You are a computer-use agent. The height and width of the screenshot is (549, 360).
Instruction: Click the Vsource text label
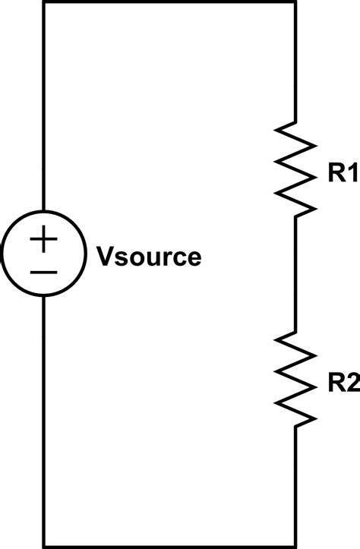149,257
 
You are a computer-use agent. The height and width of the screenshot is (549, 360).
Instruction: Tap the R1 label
343,174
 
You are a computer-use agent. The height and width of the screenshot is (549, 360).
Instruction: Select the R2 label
343,384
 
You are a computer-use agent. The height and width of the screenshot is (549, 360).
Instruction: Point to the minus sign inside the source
43,272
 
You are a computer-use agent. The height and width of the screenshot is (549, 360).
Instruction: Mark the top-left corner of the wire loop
43,3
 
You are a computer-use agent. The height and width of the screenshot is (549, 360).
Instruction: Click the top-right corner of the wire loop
294,3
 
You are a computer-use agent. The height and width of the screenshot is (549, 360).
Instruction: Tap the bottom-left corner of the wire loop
43,545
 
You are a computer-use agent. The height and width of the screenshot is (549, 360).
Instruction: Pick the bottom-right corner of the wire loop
294,545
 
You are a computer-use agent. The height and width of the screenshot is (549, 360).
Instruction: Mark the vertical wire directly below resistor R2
294,486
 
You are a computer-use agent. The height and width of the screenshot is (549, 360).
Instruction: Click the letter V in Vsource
104,257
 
